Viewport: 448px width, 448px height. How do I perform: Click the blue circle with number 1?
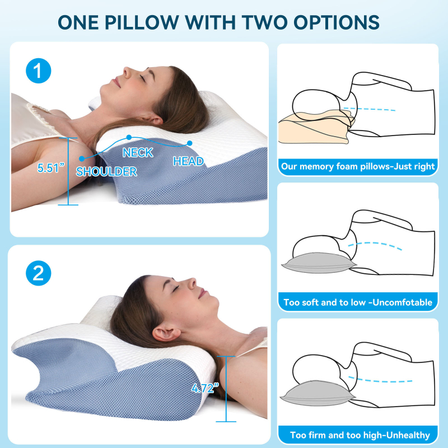(x=38, y=71)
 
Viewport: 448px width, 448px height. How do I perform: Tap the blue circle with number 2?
(x=38, y=273)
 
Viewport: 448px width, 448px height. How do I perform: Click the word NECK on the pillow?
(x=138, y=152)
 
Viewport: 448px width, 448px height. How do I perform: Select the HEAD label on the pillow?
(x=188, y=161)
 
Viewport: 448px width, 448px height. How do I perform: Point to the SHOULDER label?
(x=106, y=171)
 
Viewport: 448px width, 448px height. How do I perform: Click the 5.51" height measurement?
(x=50, y=167)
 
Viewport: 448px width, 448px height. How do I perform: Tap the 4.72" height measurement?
(x=205, y=388)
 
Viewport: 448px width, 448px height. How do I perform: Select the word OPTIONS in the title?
(x=337, y=22)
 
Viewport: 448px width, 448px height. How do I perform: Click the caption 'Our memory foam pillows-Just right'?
(x=358, y=166)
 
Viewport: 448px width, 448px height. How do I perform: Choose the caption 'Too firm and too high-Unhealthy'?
(x=360, y=435)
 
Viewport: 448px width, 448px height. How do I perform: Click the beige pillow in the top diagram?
(x=316, y=127)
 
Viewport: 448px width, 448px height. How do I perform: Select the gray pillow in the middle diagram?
(x=319, y=263)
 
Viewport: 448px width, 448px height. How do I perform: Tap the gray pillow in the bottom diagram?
(x=318, y=393)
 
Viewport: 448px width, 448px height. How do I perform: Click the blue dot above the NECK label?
(x=129, y=137)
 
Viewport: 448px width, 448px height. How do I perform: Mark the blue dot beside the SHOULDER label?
(x=82, y=158)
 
